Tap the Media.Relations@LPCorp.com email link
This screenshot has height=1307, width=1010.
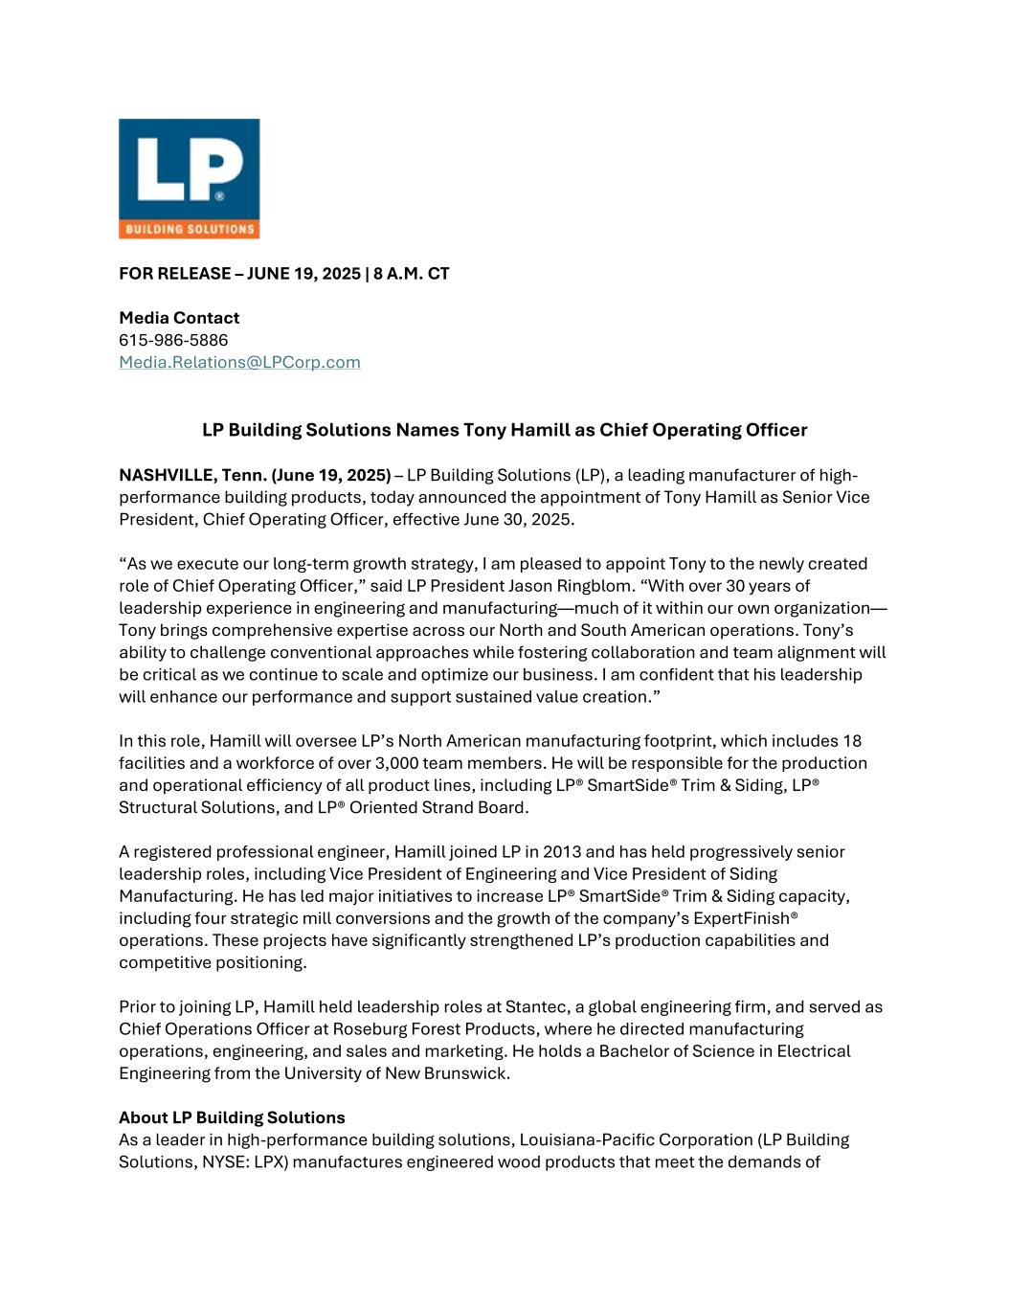pos(239,362)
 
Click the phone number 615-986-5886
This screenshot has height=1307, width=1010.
pos(173,340)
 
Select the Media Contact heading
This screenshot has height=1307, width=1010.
pos(179,318)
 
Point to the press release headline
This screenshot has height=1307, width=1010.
pos(505,430)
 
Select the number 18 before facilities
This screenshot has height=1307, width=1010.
pos(852,741)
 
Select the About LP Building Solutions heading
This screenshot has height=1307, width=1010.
pos(232,1117)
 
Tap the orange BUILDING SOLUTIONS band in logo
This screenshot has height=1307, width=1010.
pos(189,230)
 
